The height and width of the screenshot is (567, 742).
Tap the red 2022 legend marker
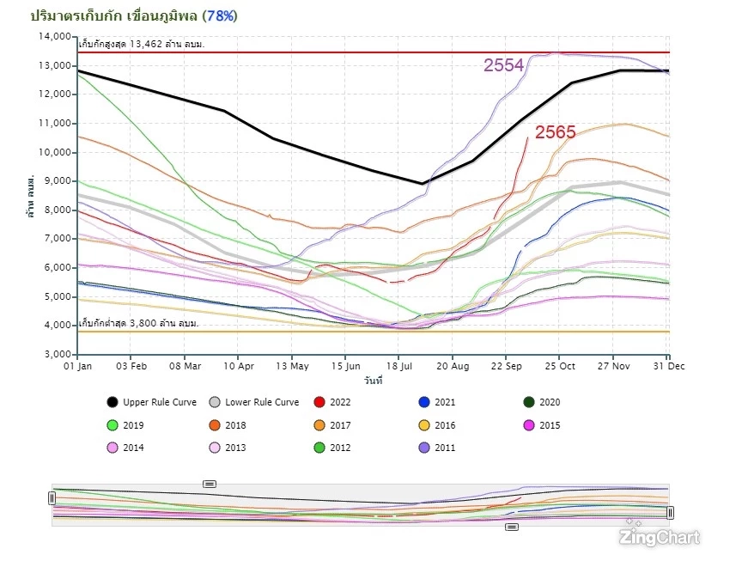click(319, 402)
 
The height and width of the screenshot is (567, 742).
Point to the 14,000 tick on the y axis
click(53, 37)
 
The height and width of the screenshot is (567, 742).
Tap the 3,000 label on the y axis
click(56, 355)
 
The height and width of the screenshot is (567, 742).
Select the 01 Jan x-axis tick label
click(78, 365)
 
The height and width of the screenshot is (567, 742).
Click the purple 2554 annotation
click(503, 65)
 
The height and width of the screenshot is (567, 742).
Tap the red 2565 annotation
click(556, 132)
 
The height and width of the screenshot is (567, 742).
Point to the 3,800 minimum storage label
click(138, 323)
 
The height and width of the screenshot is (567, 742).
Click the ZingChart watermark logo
click(660, 537)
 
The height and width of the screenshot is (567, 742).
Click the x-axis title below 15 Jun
click(373, 379)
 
